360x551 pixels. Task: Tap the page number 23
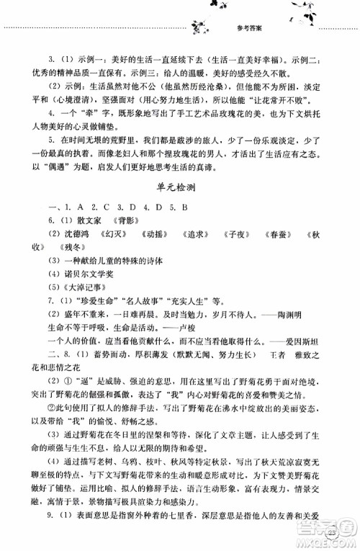click(330, 534)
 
